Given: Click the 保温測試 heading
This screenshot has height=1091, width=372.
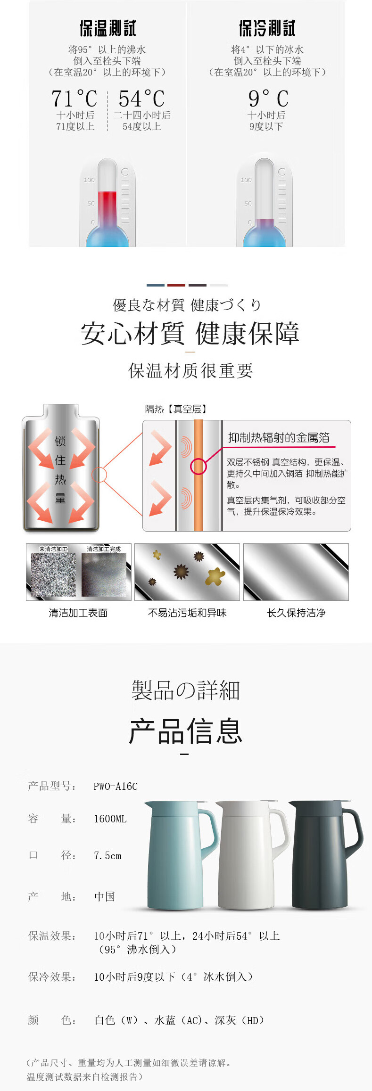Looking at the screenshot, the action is [x=107, y=28].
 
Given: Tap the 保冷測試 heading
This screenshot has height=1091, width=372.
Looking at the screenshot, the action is [x=267, y=28].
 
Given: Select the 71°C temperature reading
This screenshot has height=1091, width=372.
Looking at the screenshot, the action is [x=74, y=99].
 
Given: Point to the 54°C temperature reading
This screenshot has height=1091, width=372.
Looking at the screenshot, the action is [x=141, y=99].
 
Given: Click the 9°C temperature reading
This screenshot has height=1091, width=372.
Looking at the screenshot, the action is [x=268, y=99].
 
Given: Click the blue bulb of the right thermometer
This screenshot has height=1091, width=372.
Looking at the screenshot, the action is [x=264, y=236].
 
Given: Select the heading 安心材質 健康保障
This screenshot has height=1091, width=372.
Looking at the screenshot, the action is [x=190, y=334].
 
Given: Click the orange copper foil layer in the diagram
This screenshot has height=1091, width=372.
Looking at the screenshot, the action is [x=198, y=476].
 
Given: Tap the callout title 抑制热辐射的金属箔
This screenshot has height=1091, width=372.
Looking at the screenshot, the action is [x=279, y=438].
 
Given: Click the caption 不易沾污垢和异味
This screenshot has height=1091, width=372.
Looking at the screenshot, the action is [x=187, y=613].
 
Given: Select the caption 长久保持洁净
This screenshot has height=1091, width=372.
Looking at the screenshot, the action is [x=296, y=613].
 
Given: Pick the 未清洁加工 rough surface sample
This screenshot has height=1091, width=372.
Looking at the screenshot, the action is [x=53, y=575].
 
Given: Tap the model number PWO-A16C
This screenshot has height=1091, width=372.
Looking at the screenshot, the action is [x=116, y=786].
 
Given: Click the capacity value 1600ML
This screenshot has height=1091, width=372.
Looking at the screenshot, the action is [x=110, y=819].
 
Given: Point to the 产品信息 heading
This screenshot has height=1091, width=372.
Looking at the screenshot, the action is [x=186, y=731].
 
